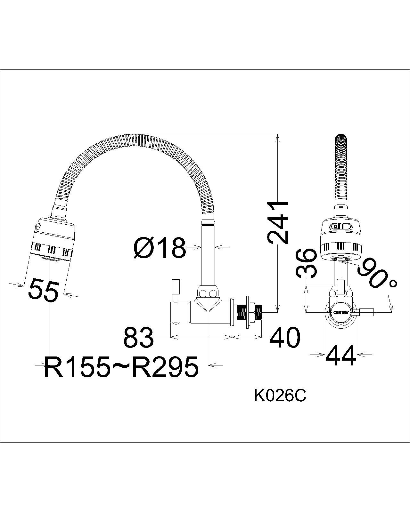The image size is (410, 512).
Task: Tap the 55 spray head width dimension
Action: (44, 290)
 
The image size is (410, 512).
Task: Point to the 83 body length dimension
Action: (138, 337)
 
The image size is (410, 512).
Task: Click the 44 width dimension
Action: (340, 355)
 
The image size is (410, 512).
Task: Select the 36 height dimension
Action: (305, 263)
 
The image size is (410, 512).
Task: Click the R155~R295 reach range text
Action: (121, 366)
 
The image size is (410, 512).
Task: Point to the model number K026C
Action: (280, 396)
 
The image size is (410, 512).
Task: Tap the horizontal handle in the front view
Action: (366, 312)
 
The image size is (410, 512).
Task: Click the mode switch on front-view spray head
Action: (341, 226)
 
